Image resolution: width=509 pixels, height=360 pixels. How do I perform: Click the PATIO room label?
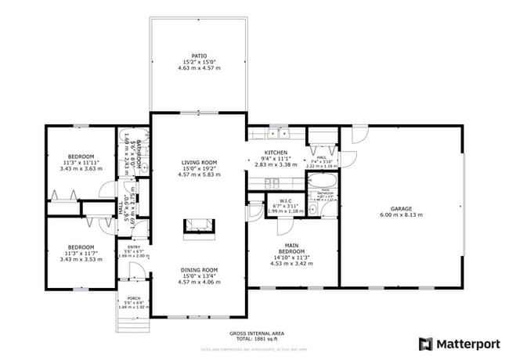pyautogui.click(x=199, y=56)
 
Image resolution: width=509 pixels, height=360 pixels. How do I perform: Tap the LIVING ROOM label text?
pyautogui.click(x=199, y=163)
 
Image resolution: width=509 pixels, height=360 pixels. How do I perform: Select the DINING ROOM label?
pyautogui.click(x=199, y=269)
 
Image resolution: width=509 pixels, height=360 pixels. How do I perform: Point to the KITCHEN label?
pyautogui.click(x=276, y=153)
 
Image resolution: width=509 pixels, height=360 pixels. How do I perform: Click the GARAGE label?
pyautogui.click(x=401, y=208)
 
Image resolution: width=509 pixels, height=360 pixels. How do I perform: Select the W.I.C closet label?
pyautogui.click(x=284, y=198)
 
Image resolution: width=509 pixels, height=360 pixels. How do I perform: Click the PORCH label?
pyautogui.click(x=132, y=299)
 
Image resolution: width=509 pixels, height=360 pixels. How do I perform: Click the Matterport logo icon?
pyautogui.click(x=425, y=344)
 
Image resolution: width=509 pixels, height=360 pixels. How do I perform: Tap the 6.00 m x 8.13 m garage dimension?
pyautogui.click(x=401, y=215)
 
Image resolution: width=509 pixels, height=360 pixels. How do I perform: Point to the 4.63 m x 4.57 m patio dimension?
pyautogui.click(x=199, y=68)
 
